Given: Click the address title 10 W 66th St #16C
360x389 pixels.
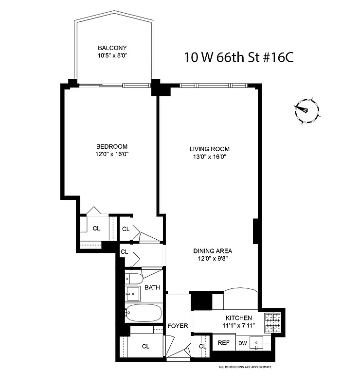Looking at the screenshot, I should [x=238, y=58].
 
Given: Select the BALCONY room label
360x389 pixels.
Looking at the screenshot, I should [x=112, y=48].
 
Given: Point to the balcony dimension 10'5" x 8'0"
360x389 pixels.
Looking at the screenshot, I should [x=112, y=55].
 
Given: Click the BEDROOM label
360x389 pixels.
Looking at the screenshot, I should [x=112, y=146].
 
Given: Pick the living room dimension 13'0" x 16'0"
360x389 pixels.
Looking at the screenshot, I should [x=209, y=157].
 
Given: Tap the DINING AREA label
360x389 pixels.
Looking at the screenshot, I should [x=213, y=251].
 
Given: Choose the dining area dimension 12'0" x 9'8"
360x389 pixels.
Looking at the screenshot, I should [x=213, y=259].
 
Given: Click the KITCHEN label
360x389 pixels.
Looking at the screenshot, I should [x=238, y=317].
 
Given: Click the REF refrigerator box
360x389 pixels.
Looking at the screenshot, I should [x=224, y=343].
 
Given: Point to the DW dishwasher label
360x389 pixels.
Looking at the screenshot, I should [x=242, y=343].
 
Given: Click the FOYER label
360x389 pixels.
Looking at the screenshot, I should [x=178, y=325].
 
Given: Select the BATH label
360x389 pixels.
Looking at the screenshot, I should [x=152, y=288].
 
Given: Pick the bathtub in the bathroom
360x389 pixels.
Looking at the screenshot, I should [x=144, y=313].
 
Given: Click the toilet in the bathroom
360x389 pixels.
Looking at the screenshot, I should [x=133, y=279].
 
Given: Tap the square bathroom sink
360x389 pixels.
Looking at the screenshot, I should [x=132, y=293].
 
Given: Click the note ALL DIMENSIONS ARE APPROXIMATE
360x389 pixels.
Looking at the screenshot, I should [x=245, y=367].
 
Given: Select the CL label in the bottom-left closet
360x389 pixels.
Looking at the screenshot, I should [x=145, y=346].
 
